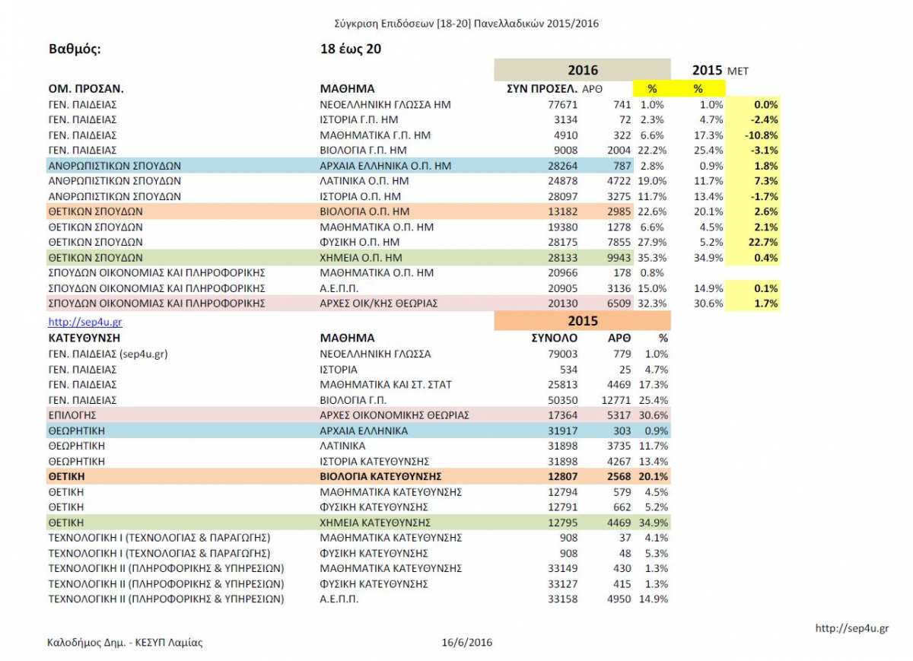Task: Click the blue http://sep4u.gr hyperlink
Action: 84,322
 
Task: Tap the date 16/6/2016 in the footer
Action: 466,642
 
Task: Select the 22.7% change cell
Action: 763,242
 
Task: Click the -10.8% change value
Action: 762,135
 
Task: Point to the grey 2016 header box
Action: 582,70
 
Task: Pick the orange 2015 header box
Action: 582,321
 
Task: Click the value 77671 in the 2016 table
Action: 562,105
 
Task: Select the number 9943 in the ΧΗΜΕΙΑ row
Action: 619,258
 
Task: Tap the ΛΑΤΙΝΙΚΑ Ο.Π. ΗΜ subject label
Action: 364,181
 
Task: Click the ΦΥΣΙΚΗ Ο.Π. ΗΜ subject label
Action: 359,242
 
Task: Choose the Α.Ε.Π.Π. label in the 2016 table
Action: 339,288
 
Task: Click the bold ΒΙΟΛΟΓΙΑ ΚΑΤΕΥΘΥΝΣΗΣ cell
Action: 380,476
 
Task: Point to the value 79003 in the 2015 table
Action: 562,354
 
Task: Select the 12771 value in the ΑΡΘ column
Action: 616,400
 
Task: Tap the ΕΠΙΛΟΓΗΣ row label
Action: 72,415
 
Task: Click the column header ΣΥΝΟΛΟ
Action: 555,338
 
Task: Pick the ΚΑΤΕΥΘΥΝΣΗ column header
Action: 84,338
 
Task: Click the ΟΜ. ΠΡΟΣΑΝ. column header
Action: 85,88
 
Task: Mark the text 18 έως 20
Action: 351,49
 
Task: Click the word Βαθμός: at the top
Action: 75,49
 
